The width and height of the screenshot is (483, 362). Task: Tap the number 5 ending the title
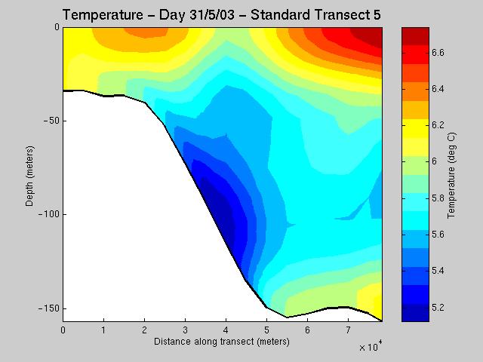pos(377,14)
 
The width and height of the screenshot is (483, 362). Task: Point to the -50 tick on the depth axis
pos(51,121)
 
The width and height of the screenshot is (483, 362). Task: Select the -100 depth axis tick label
pos(48,215)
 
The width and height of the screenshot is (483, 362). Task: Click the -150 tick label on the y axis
pos(48,308)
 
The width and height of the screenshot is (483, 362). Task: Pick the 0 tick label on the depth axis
pos(56,27)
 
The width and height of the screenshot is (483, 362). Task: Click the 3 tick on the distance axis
pos(185,330)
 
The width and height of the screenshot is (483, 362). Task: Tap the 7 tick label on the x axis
pos(348,330)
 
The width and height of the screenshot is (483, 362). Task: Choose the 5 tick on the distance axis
pos(266,330)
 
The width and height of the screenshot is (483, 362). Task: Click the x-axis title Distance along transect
pos(221,342)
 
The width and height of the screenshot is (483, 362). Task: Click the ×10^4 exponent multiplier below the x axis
pos(371,348)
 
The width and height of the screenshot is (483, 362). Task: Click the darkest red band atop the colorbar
pos(415,33)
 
